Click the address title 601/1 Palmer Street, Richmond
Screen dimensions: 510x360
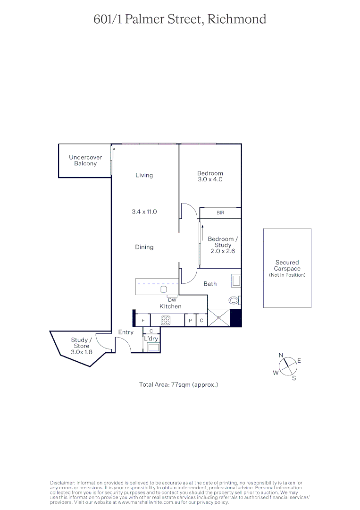(x=180, y=19)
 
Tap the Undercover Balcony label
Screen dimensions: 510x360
(x=85, y=161)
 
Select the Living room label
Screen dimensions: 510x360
(x=144, y=175)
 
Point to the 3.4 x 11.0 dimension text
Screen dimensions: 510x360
(x=144, y=212)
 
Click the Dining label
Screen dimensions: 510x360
(x=144, y=247)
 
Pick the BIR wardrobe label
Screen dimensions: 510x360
(x=220, y=213)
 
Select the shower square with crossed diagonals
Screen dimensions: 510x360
(x=218, y=318)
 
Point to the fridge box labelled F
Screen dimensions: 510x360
(x=143, y=321)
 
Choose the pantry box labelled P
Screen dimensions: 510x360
(x=190, y=321)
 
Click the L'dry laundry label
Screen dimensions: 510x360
(x=151, y=339)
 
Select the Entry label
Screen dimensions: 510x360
(x=126, y=332)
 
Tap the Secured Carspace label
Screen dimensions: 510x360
(x=287, y=266)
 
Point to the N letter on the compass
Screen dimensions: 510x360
(x=281, y=355)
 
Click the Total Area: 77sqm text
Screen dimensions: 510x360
(x=179, y=385)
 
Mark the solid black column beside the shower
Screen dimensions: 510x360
(x=235, y=318)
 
